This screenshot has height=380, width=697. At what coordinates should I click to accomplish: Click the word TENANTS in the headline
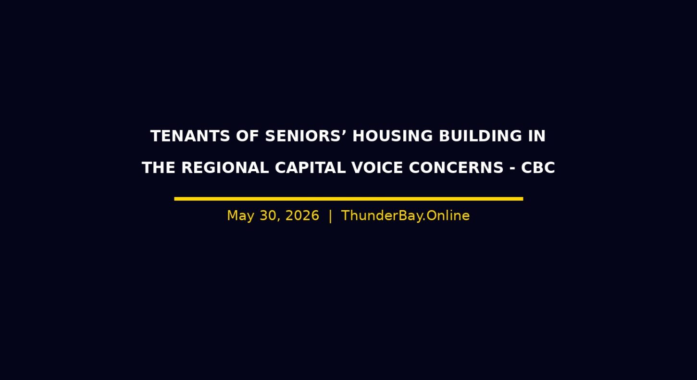point(190,136)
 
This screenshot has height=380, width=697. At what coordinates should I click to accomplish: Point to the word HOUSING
point(392,136)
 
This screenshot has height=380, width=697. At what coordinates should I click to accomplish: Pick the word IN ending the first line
point(537,136)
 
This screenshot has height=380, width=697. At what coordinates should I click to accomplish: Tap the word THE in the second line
point(158,168)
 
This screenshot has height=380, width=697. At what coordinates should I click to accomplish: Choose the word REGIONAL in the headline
point(225,168)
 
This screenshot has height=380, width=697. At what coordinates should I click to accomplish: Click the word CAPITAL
point(310,168)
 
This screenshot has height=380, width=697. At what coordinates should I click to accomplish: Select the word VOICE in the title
point(377,168)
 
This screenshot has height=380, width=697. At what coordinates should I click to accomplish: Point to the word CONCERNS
point(456,168)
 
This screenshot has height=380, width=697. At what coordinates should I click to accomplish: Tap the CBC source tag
point(538,168)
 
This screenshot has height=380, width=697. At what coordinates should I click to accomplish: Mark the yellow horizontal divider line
point(348,199)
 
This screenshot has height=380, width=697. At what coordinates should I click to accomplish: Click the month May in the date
point(240,216)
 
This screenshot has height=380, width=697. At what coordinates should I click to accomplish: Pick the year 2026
point(302,216)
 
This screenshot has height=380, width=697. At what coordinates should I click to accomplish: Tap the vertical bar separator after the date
point(330,216)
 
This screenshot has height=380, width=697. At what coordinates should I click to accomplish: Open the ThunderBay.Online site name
point(405,216)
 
